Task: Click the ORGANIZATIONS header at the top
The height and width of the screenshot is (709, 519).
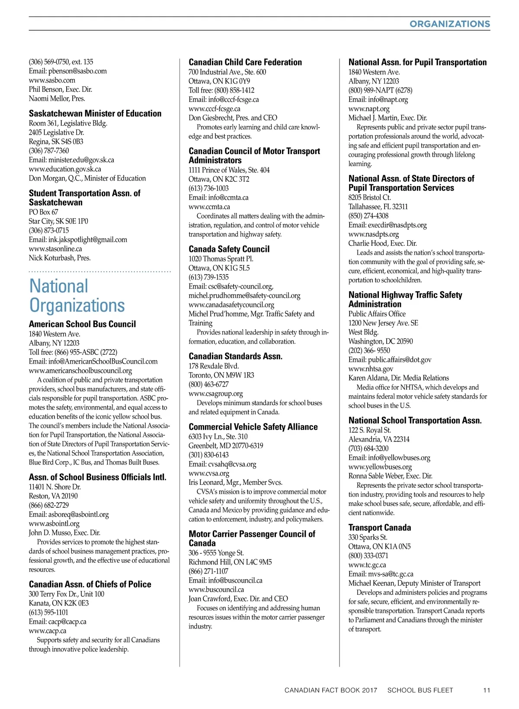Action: (x=449, y=24)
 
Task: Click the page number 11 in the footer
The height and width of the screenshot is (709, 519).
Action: (x=487, y=690)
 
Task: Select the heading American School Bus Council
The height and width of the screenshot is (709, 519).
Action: (x=82, y=324)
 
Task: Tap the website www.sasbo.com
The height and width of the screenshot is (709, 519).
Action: (x=52, y=80)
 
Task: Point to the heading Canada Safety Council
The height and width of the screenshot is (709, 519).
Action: (x=229, y=249)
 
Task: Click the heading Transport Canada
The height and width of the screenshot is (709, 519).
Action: (x=380, y=528)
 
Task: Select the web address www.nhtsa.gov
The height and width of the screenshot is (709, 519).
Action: (x=371, y=369)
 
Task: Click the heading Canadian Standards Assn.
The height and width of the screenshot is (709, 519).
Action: (x=235, y=356)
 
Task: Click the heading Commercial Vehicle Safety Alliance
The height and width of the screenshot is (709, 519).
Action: (x=253, y=427)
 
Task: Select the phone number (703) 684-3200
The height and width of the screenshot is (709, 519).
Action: (x=368, y=448)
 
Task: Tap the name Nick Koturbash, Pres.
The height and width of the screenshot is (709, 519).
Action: (x=60, y=258)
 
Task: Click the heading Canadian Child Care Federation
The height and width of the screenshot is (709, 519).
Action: (x=245, y=62)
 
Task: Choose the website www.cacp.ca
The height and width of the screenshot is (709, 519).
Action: (x=48, y=631)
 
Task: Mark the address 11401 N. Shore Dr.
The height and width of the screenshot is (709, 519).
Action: (x=55, y=487)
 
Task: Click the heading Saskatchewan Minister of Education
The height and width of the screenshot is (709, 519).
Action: (x=95, y=113)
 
